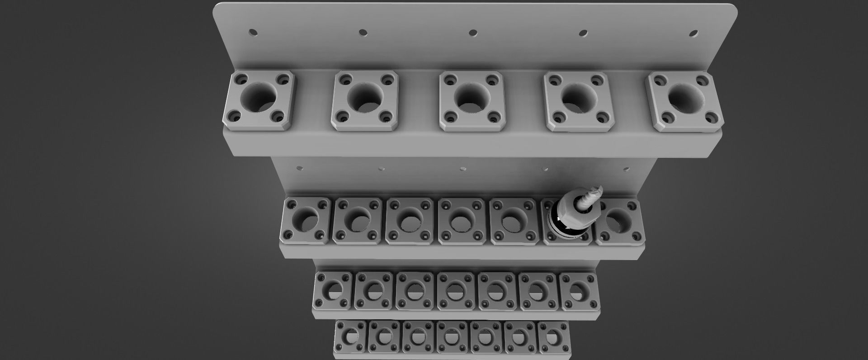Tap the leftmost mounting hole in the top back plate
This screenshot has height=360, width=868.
tap(253, 33)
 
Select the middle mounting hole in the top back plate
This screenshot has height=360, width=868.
tap(473, 33)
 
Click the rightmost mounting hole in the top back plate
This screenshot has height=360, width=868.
tap(693, 33)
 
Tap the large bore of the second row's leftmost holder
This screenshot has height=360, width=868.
tap(305, 218)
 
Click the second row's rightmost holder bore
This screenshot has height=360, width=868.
tap(617, 219)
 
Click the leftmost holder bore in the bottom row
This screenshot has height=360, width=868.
tap(350, 336)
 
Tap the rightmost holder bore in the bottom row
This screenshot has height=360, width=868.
tap(552, 336)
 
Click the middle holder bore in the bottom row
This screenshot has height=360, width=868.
tap(452, 336)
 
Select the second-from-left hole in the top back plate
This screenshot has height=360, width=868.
tap(363, 33)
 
